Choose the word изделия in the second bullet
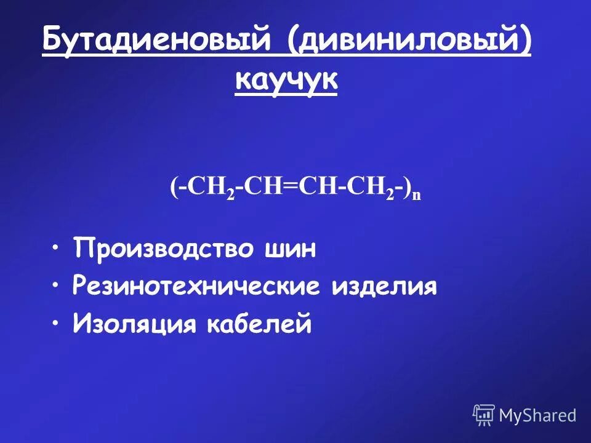pos(385,287)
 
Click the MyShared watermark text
pos(537,415)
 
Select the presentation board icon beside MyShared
pos(484,415)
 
